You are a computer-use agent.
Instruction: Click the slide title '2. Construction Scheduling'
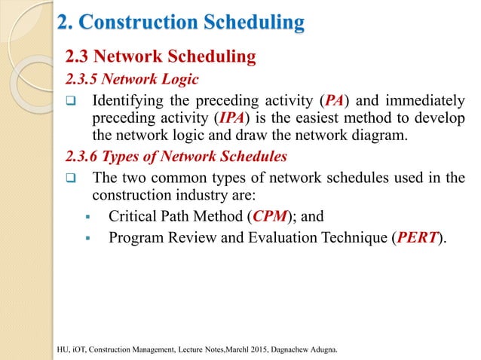click(x=181, y=24)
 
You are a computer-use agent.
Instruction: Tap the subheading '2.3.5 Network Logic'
click(x=132, y=78)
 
